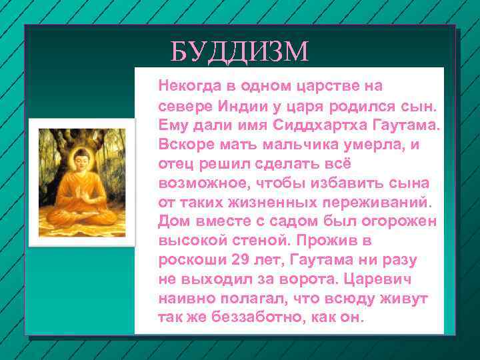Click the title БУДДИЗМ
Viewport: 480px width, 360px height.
click(x=239, y=51)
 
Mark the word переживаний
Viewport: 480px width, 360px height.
click(x=373, y=201)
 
